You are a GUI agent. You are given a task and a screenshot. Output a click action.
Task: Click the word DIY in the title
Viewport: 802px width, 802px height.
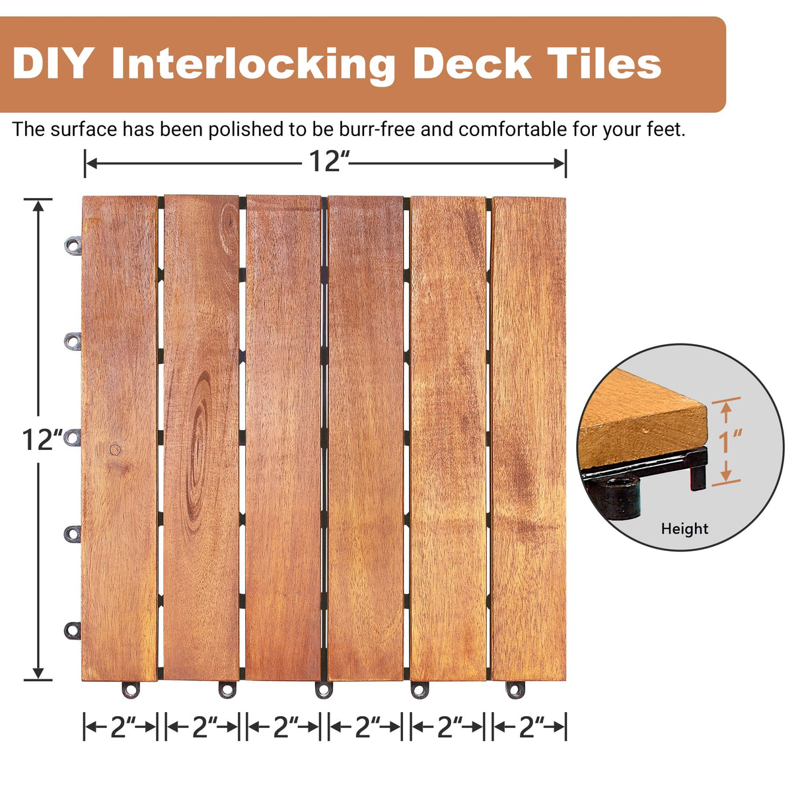click(x=52, y=64)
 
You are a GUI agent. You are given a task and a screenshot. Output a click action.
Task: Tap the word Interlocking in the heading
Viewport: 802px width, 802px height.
click(x=254, y=65)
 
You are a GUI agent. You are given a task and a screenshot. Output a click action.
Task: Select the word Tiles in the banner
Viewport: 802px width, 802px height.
click(x=602, y=64)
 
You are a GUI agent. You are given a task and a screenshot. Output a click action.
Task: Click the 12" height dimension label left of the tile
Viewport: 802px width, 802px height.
click(x=42, y=439)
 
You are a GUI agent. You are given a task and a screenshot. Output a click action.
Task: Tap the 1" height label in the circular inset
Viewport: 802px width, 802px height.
click(x=731, y=441)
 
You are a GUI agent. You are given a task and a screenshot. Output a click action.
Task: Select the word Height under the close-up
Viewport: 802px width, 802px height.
click(x=684, y=529)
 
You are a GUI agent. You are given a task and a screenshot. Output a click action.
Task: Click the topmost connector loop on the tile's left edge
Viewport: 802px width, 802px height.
click(x=73, y=246)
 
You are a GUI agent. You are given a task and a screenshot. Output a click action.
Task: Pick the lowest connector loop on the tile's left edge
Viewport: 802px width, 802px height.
click(x=72, y=630)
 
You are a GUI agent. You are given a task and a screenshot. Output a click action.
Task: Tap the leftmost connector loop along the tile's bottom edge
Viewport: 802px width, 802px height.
click(x=131, y=690)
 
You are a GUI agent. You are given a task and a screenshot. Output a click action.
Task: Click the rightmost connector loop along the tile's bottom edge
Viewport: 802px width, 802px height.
click(x=516, y=690)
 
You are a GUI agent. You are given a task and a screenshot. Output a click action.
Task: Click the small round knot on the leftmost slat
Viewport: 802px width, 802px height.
click(x=115, y=450)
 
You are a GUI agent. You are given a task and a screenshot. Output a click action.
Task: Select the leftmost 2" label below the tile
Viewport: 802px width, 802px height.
click(x=120, y=727)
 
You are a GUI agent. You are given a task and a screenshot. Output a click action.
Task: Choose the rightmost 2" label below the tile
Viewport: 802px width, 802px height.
click(x=529, y=727)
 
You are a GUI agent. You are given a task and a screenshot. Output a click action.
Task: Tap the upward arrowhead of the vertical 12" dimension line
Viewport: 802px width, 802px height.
click(x=39, y=205)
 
